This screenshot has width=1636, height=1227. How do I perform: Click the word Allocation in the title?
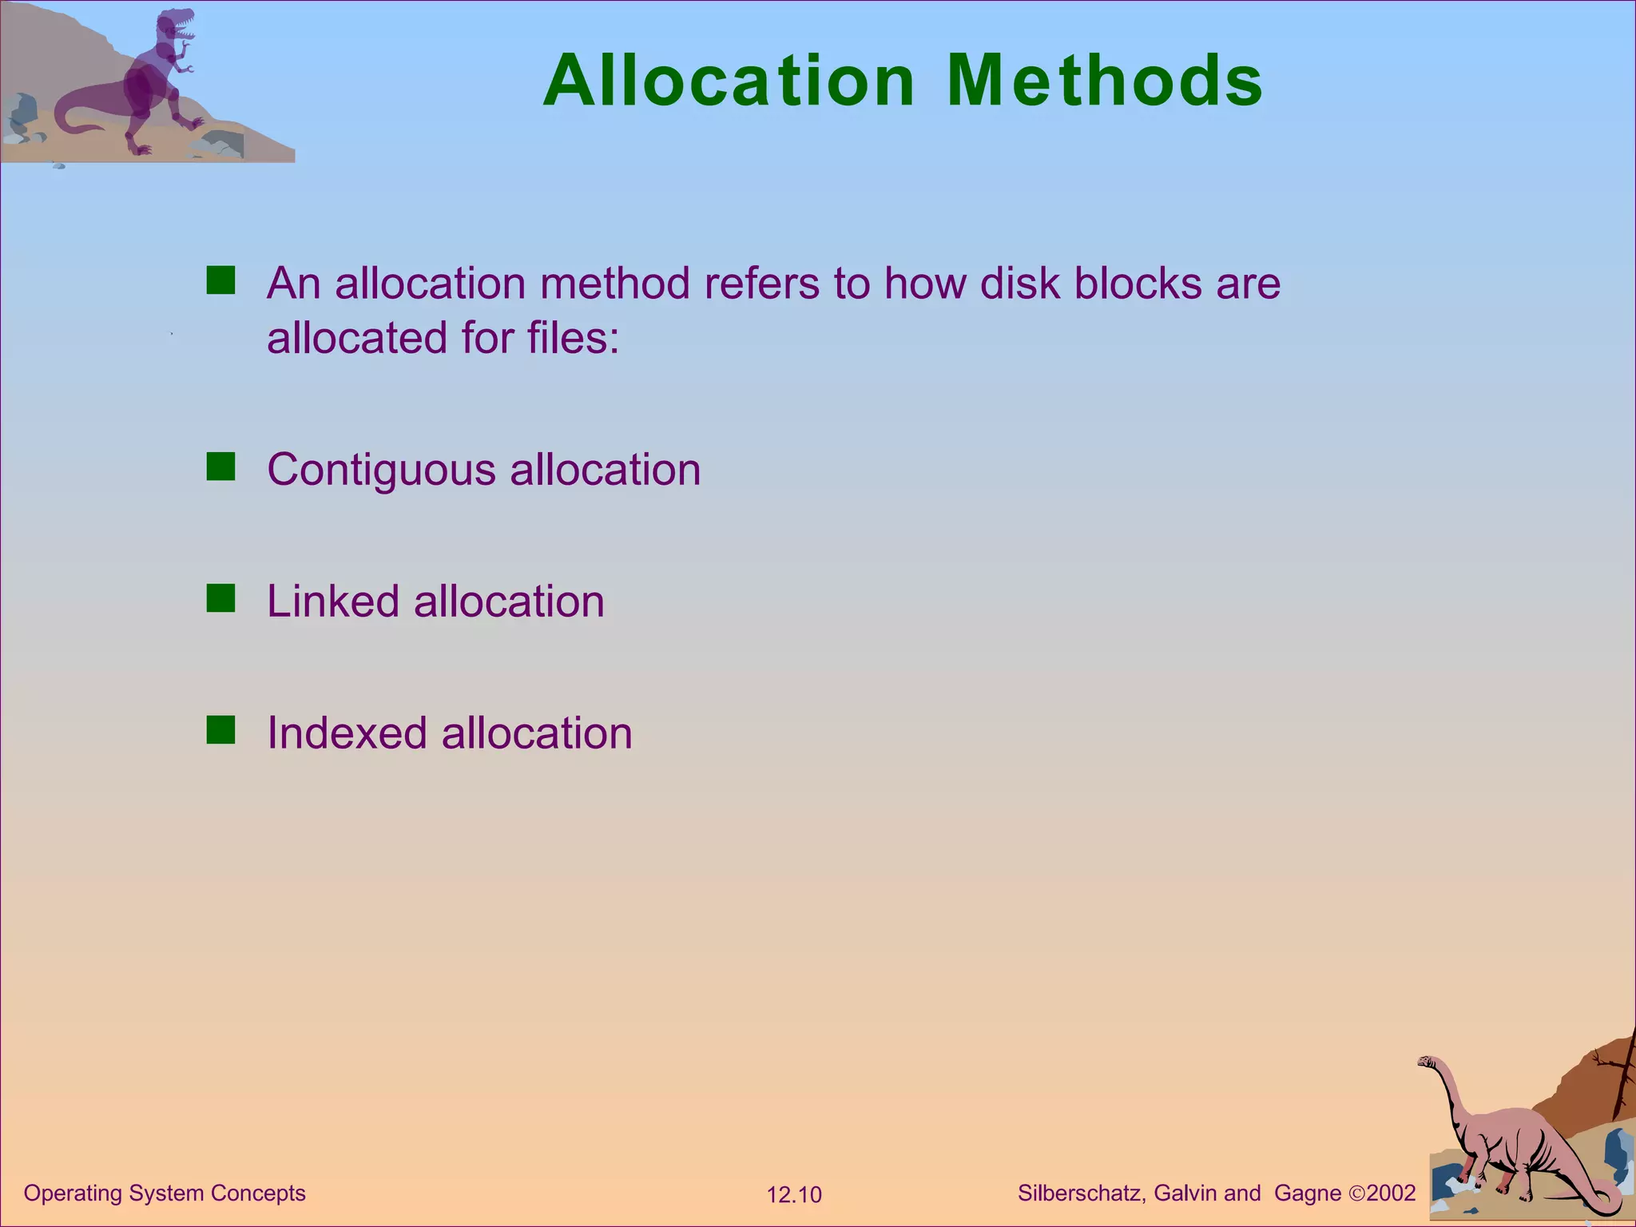tap(729, 81)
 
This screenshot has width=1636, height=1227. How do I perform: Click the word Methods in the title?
tap(1104, 81)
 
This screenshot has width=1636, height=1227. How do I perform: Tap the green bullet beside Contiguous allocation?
tap(220, 467)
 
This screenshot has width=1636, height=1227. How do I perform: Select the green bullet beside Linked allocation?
tap(220, 598)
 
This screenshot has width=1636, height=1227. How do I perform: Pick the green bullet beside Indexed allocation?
tap(220, 730)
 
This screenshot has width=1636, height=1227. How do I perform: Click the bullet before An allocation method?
tap(220, 280)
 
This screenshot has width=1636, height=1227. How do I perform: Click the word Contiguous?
tap(381, 470)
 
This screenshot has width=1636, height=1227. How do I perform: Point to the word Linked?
tap(332, 601)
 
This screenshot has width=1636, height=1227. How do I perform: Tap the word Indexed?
tap(346, 733)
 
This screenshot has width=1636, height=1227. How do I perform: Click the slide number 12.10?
tap(794, 1195)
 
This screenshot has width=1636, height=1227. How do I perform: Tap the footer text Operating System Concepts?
tap(165, 1193)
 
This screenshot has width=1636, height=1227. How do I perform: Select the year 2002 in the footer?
tap(1391, 1193)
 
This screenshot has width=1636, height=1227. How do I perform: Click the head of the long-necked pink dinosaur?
tap(1428, 1062)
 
